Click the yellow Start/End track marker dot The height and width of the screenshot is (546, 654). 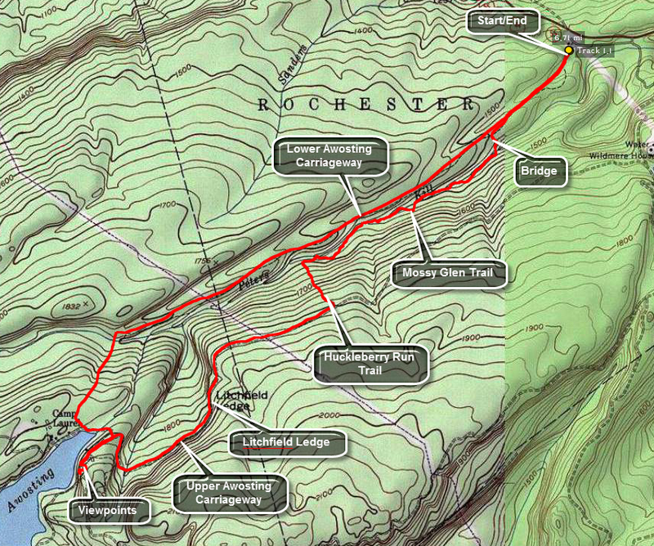(568, 50)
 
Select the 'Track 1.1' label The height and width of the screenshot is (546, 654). (594, 51)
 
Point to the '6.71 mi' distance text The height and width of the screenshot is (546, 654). (567, 38)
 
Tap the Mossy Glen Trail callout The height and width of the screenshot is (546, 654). (449, 272)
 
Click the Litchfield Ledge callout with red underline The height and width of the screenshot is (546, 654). (285, 442)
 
